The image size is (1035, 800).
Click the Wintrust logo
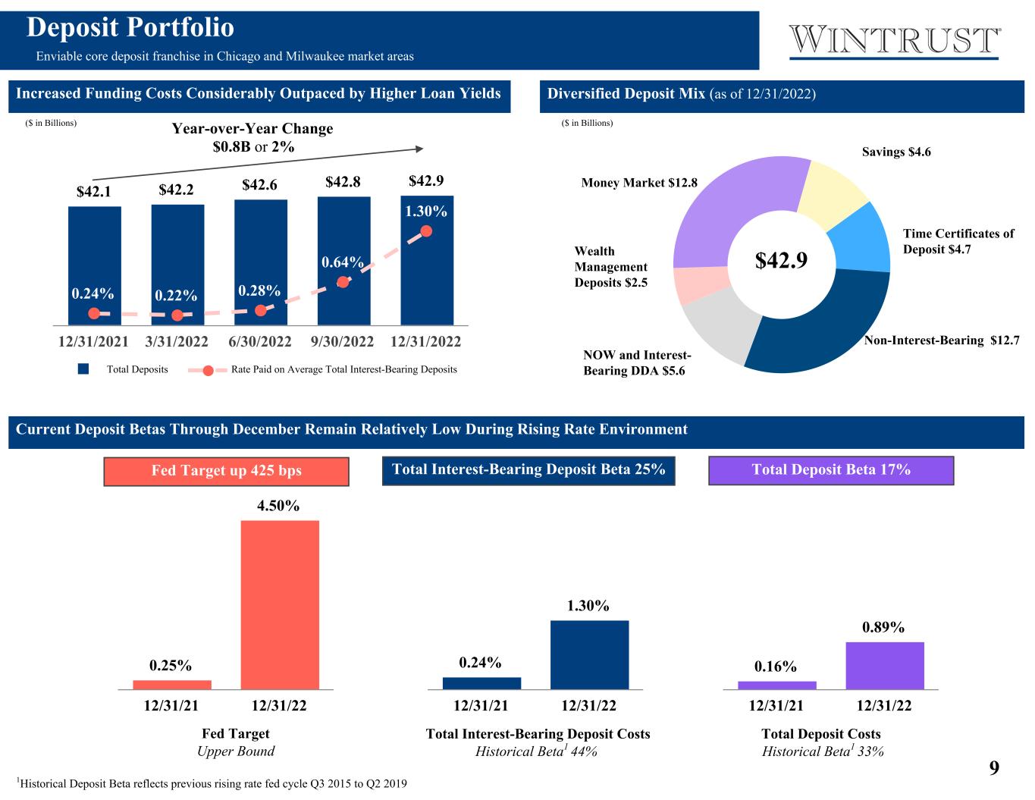coord(895,40)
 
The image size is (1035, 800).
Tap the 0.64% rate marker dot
coord(343,281)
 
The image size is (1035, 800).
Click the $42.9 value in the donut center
coord(781,260)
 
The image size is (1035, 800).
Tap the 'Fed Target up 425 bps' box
coord(226,471)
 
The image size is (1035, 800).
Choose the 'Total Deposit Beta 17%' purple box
coord(830,470)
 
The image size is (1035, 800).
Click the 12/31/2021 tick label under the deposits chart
coord(94,342)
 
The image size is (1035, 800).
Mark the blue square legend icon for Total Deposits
coord(84,369)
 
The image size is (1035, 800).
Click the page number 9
coord(994,768)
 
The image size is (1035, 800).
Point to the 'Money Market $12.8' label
coord(639,183)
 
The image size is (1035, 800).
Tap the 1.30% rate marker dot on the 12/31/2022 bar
coord(426,231)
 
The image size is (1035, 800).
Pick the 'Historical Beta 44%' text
coord(536,751)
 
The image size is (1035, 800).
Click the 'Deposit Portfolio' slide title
coord(130,28)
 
